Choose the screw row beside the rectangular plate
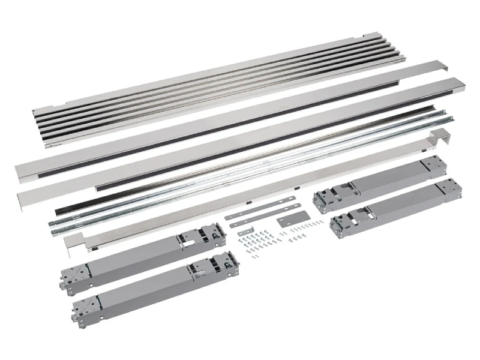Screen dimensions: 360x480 coord(300,230)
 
